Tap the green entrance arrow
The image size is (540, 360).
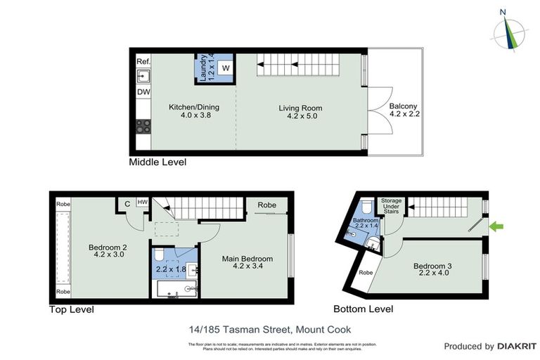click(x=497, y=226)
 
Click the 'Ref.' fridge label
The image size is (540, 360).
click(x=143, y=62)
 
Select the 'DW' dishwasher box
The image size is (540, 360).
click(x=143, y=92)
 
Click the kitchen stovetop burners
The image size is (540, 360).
click(x=143, y=127)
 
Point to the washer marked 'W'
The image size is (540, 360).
click(x=225, y=67)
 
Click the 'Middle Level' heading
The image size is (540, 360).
click(x=157, y=162)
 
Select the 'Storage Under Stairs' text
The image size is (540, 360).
click(x=391, y=205)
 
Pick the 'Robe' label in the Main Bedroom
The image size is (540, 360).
click(x=266, y=205)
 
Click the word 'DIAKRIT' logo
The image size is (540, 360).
click(x=517, y=346)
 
